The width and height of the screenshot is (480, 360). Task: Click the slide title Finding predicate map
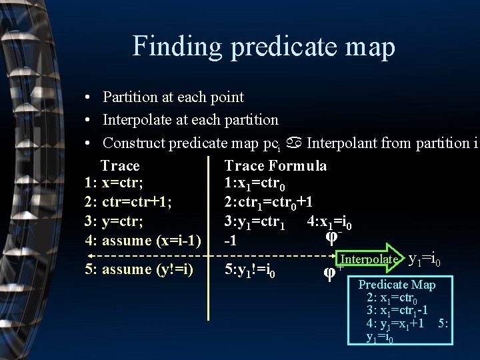tap(263, 47)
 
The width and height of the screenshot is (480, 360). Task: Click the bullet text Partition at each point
tap(173, 97)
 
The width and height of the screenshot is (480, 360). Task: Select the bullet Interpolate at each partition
tap(190, 120)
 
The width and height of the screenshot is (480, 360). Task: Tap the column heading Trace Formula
tap(275, 166)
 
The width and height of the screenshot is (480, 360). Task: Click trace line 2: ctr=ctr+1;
tap(127, 202)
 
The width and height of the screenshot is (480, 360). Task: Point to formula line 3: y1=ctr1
tap(255, 222)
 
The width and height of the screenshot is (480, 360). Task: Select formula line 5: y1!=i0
tap(251, 271)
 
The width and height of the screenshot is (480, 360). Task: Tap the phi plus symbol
tap(330, 272)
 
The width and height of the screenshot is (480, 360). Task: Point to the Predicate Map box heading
tap(397, 285)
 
